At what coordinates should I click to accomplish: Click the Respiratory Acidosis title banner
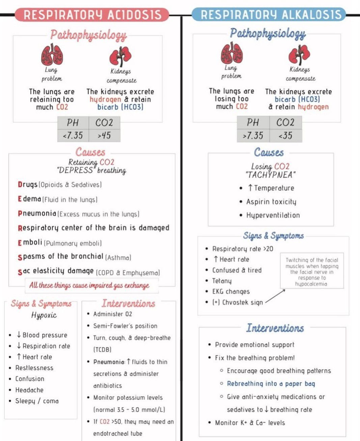(92, 15)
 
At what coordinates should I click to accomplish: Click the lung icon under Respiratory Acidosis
(52, 55)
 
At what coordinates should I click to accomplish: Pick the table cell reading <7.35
(73, 136)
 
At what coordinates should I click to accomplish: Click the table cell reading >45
(104, 136)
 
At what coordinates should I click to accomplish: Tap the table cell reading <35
(285, 136)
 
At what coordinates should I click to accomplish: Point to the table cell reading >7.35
(253, 136)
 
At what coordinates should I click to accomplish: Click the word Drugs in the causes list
(28, 184)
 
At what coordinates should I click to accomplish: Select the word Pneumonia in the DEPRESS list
(37, 213)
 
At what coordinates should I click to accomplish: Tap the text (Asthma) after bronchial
(118, 258)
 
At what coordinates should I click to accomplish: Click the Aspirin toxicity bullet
(271, 202)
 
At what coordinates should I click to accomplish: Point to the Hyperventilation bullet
(273, 215)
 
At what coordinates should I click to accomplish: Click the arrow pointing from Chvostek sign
(275, 296)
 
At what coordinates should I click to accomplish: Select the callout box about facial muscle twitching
(312, 271)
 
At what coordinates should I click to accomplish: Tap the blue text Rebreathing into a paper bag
(271, 384)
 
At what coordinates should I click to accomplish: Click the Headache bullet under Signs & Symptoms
(29, 390)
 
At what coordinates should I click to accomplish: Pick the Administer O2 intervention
(113, 314)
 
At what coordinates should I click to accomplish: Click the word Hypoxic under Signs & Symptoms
(44, 315)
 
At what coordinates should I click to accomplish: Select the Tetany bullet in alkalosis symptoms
(222, 281)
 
